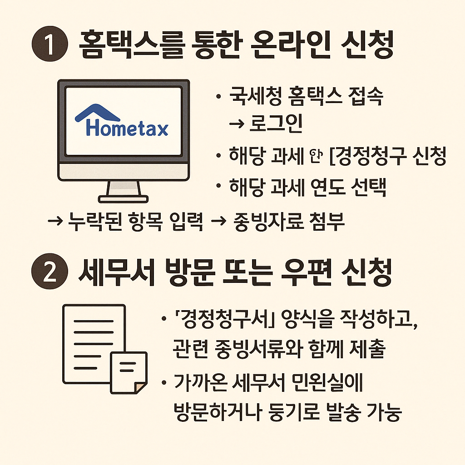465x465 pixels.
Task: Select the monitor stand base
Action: [x=124, y=198]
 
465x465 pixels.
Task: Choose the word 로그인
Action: [x=276, y=125]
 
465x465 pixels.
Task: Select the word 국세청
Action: [x=249, y=98]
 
